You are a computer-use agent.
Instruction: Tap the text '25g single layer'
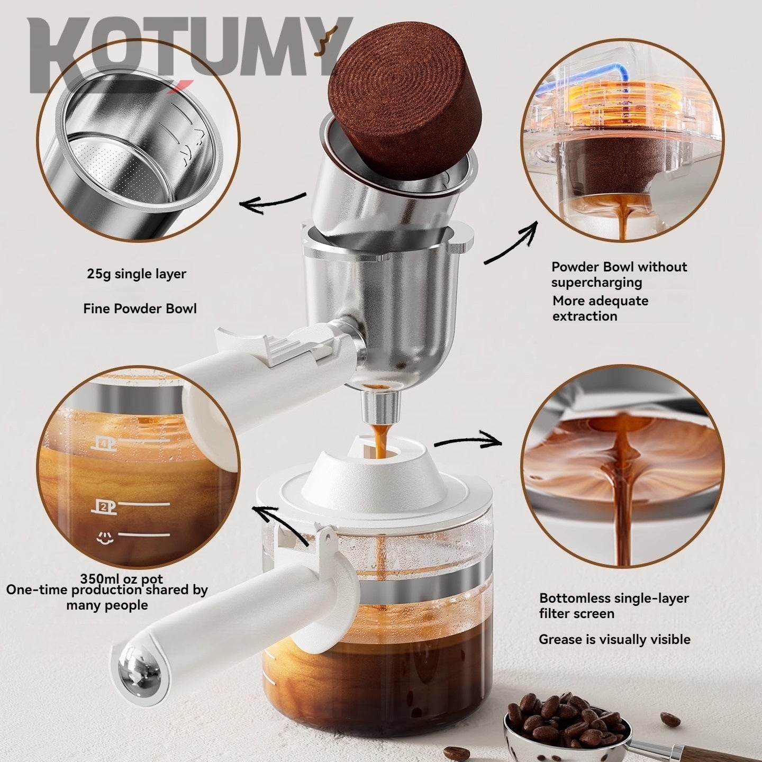(137, 274)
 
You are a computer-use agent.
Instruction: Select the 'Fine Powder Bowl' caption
(140, 309)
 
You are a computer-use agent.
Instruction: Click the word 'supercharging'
(596, 282)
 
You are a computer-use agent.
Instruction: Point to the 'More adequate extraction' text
(600, 309)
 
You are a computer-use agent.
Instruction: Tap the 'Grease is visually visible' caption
(614, 639)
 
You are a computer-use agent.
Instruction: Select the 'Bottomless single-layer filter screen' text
(614, 606)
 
